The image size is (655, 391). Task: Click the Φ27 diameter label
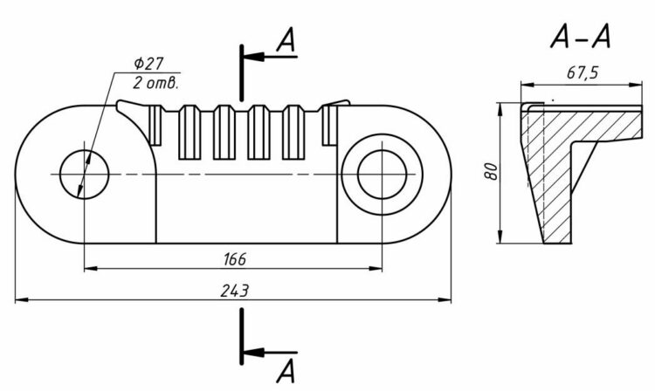pyautogui.click(x=148, y=64)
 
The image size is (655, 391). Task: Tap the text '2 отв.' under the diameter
pyautogui.click(x=155, y=83)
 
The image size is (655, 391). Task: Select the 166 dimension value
pyautogui.click(x=235, y=259)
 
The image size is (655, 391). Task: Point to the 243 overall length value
pyautogui.click(x=235, y=291)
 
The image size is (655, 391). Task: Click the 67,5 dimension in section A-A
pyautogui.click(x=583, y=73)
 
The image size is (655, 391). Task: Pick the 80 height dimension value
pyautogui.click(x=492, y=171)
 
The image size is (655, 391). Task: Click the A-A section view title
pyautogui.click(x=580, y=37)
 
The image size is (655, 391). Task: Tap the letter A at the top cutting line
pyautogui.click(x=286, y=40)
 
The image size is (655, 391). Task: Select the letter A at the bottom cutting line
pyautogui.click(x=286, y=372)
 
